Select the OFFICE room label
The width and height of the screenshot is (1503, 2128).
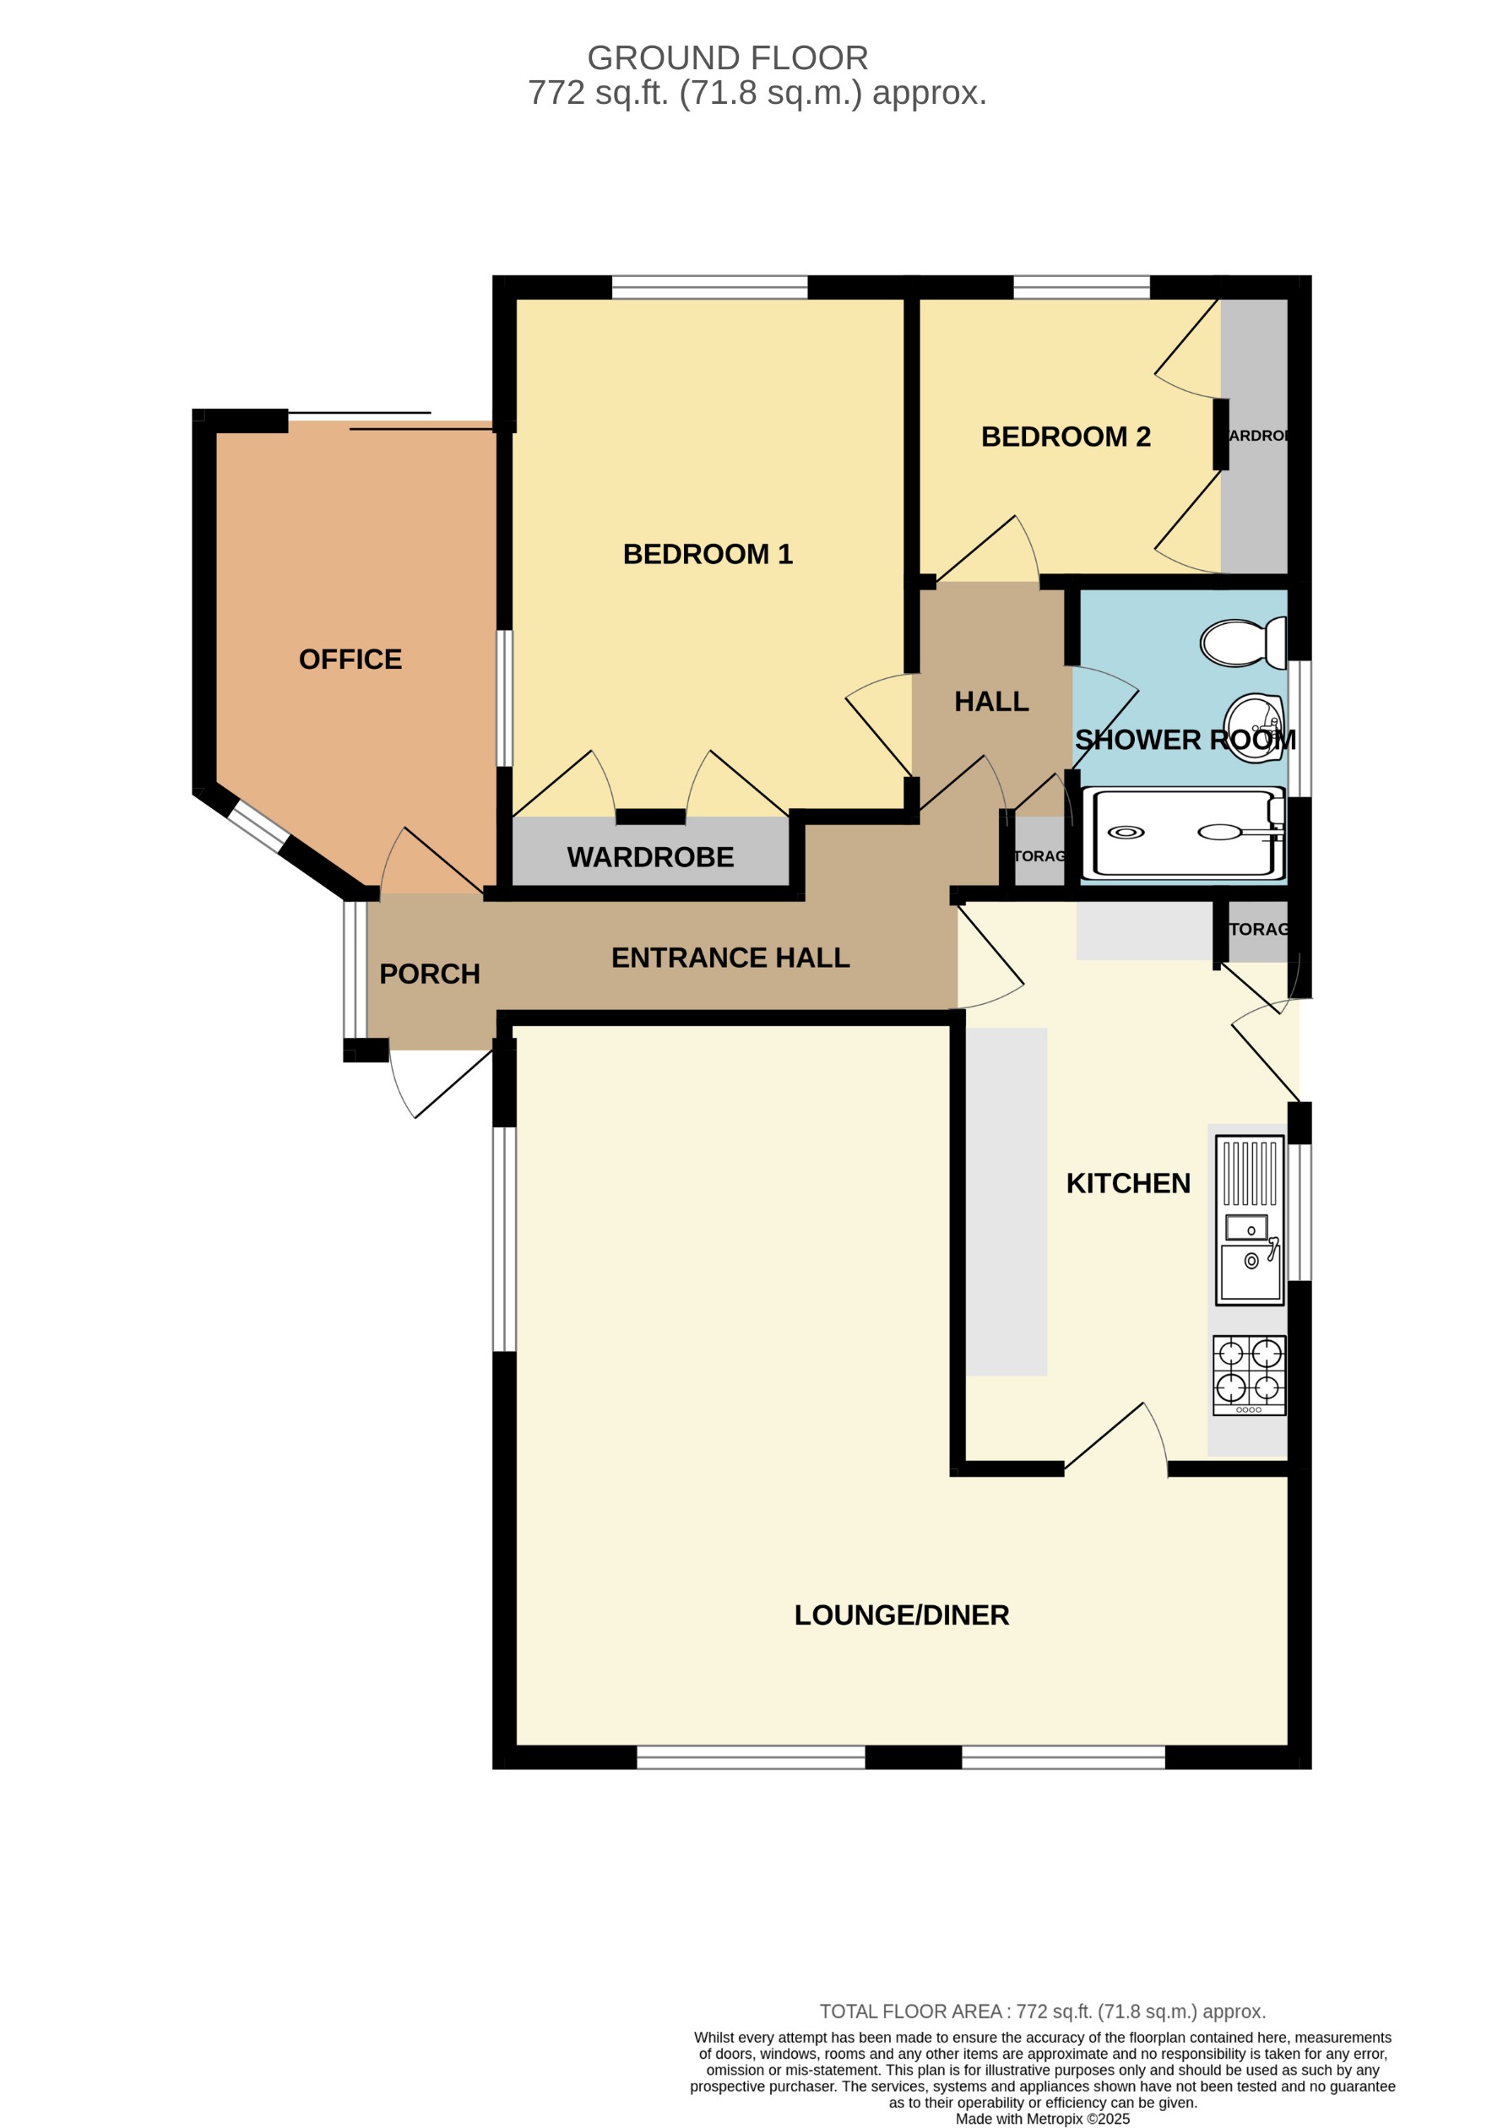tap(350, 659)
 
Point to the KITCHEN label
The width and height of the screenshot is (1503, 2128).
tap(1128, 1184)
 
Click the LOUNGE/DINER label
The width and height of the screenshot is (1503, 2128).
tap(901, 1615)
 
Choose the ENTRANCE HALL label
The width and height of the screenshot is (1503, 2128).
tap(730, 958)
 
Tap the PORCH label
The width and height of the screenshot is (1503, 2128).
tap(429, 974)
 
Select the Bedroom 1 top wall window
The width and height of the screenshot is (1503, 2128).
tap(710, 287)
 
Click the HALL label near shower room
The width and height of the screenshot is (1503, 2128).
tap(990, 702)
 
